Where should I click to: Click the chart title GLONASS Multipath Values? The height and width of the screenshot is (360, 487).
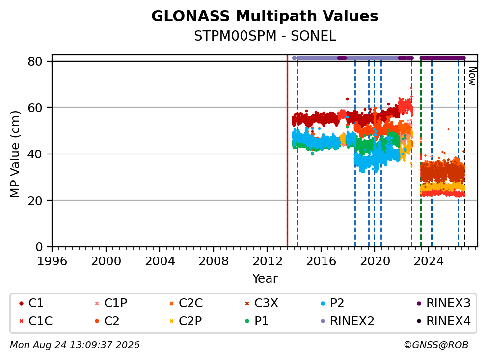pyautogui.click(x=265, y=16)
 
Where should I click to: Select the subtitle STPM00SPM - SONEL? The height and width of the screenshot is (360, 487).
pyautogui.click(x=265, y=36)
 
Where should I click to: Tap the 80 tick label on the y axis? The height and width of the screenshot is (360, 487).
pyautogui.click(x=35, y=62)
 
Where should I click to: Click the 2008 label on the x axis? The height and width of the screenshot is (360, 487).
pyautogui.click(x=214, y=261)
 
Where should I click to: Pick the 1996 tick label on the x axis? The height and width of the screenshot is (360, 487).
pyautogui.click(x=52, y=261)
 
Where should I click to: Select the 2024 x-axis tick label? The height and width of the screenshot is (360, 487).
pyautogui.click(x=429, y=261)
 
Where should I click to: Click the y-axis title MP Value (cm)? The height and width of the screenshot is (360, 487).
pyautogui.click(x=15, y=154)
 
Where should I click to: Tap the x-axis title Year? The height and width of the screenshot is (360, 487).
pyautogui.click(x=265, y=279)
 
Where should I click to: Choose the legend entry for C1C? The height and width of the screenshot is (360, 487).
pyautogui.click(x=36, y=321)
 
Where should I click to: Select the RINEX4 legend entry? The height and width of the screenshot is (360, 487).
pyautogui.click(x=443, y=321)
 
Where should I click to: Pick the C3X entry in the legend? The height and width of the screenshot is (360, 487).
pyautogui.click(x=262, y=303)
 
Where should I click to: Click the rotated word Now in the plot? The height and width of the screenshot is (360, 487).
pyautogui.click(x=472, y=77)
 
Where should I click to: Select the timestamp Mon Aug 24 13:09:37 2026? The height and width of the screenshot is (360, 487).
pyautogui.click(x=75, y=345)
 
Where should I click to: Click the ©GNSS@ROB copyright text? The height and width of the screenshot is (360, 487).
pyautogui.click(x=436, y=345)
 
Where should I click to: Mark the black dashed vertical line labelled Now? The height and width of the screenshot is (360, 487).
pyautogui.click(x=464, y=153)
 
